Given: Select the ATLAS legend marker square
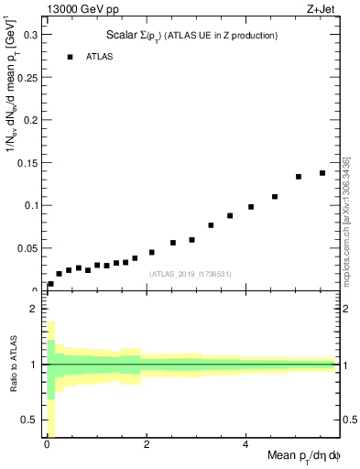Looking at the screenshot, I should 69,57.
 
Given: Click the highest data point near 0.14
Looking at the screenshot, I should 322,173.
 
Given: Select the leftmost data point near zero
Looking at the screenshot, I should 50,284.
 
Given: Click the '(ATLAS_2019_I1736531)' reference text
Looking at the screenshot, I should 190,274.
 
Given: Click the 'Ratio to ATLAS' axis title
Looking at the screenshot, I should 12,364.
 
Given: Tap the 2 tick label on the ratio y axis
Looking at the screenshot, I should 34,309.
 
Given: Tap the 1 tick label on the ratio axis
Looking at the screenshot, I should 34,365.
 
